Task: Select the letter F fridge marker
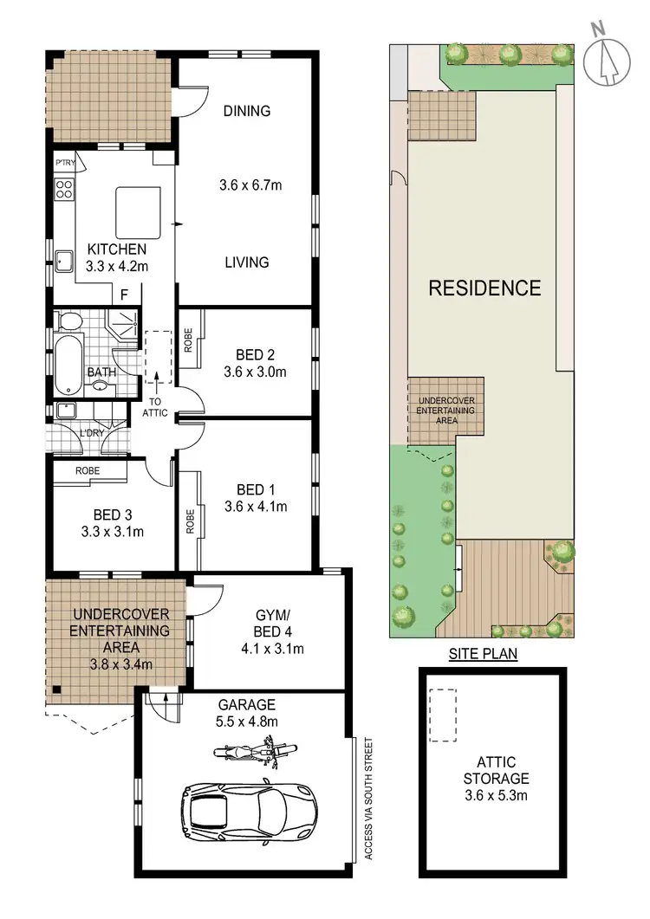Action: point(125,294)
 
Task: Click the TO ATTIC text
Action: point(157,407)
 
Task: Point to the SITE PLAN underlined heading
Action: point(484,654)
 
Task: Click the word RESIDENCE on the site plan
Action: point(485,288)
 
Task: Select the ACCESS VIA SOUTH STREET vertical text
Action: point(368,798)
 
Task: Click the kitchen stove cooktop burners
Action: point(64,190)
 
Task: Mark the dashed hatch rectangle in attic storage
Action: point(443,715)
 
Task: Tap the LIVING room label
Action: point(246,262)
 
